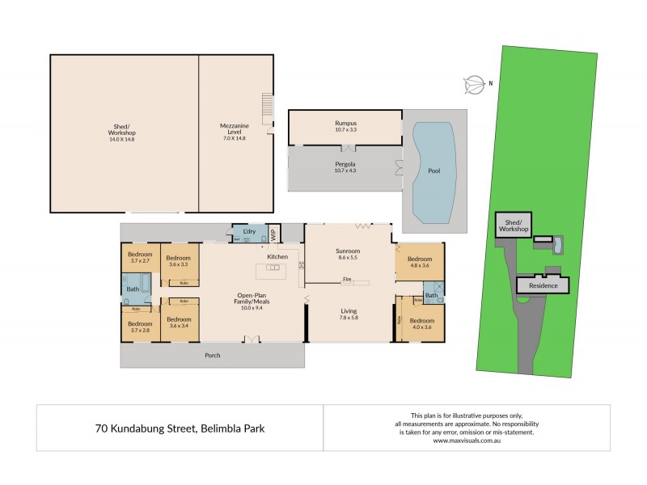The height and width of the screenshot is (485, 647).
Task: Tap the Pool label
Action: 434,171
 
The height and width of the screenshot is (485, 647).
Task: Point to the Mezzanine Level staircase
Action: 268,105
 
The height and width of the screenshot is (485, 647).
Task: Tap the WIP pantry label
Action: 273,234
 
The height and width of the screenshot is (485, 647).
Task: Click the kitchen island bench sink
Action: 273,268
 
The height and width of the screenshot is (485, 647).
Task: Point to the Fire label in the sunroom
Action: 346,280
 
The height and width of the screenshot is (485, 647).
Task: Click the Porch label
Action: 212,355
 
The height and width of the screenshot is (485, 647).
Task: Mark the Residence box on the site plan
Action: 543,286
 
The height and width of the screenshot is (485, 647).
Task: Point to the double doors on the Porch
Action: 253,340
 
